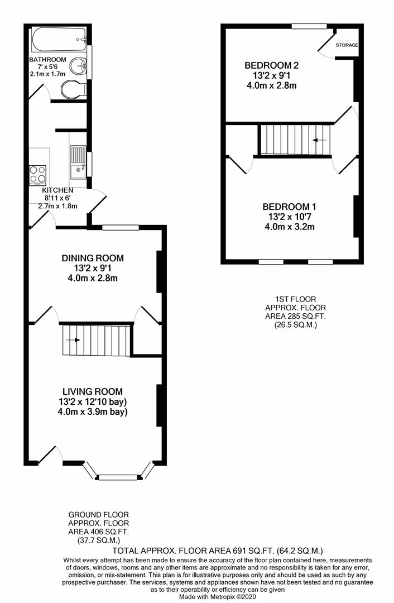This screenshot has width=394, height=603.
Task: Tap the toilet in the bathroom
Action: (72, 90)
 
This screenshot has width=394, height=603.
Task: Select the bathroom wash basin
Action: (81, 67)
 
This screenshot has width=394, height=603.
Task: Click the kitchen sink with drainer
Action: (78, 162)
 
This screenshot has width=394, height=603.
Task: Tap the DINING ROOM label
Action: (92, 258)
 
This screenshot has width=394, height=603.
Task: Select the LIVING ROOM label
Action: (92, 391)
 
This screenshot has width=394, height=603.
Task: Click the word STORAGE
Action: (347, 45)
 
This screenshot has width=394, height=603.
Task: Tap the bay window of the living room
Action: (118, 476)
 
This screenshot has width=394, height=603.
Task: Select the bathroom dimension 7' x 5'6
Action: (48, 67)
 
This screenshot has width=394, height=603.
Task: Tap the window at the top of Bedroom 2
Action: (309, 26)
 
